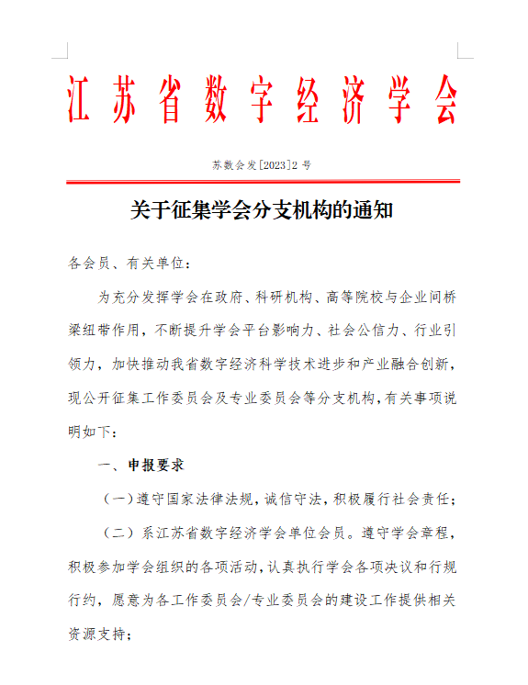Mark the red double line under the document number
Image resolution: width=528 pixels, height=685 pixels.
pos(264,183)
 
